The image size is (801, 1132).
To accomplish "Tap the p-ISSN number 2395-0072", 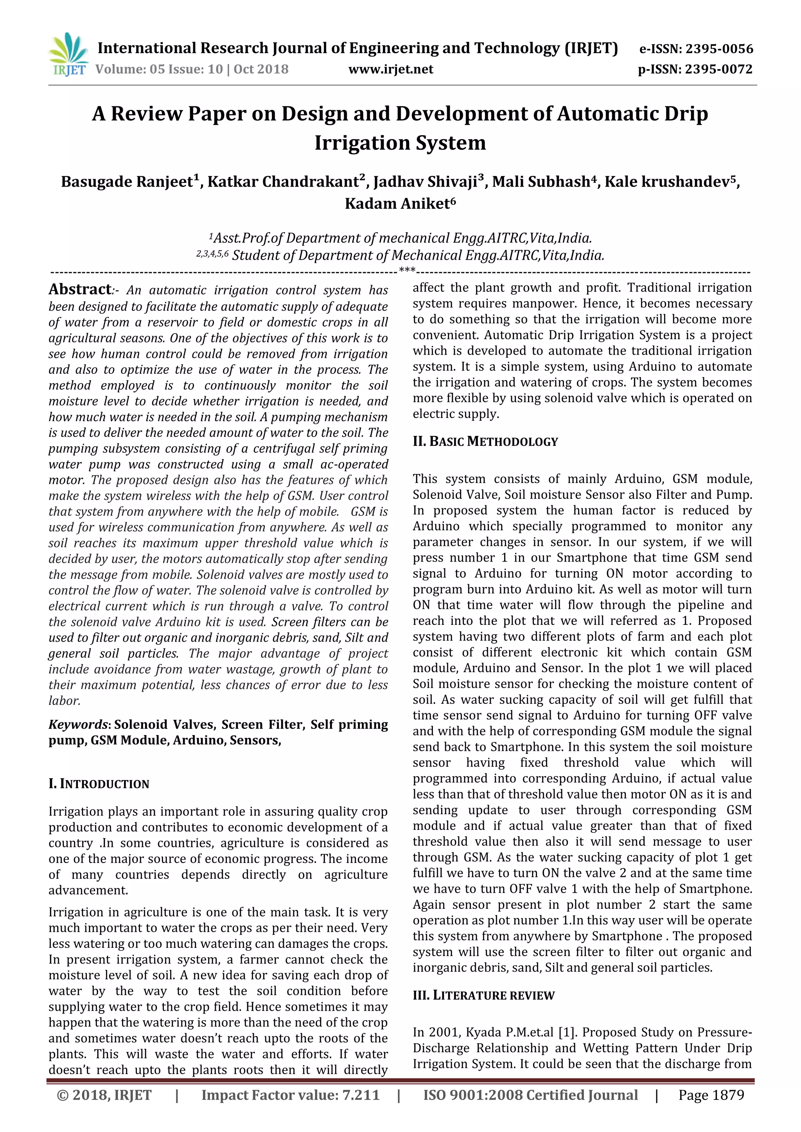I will pos(718,69).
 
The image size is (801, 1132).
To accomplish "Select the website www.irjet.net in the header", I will pos(391,69).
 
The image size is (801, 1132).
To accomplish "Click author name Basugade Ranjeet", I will pos(127,182).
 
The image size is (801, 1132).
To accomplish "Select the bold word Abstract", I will pos(80,289).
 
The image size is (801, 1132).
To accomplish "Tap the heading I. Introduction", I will pos(99,784).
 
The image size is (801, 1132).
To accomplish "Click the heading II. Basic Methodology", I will pos(485,441).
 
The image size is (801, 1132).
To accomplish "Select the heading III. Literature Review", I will pos(483,996).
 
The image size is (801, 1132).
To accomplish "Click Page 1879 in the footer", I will pos(711,1095).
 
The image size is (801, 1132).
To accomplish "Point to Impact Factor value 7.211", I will pos(291,1095).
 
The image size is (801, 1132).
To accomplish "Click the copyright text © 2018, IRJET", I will pos(104,1095).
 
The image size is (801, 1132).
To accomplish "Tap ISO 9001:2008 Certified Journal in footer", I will pos(530,1095).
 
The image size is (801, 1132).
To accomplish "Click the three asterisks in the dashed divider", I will pos(407,270).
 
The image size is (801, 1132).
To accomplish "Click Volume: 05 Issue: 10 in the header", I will pos(159,69).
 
